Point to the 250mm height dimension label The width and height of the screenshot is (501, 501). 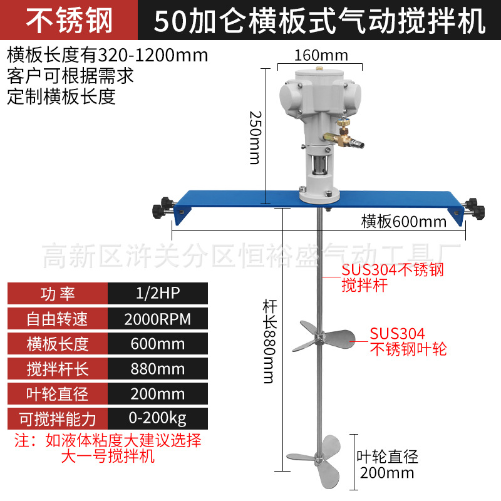click(x=254, y=137)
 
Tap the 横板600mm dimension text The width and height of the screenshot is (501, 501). click(x=404, y=221)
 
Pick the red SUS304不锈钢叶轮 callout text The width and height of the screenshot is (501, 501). click(x=408, y=341)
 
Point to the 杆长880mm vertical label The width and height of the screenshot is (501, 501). click(x=269, y=341)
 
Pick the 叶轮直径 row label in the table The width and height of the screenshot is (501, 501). click(x=57, y=393)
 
